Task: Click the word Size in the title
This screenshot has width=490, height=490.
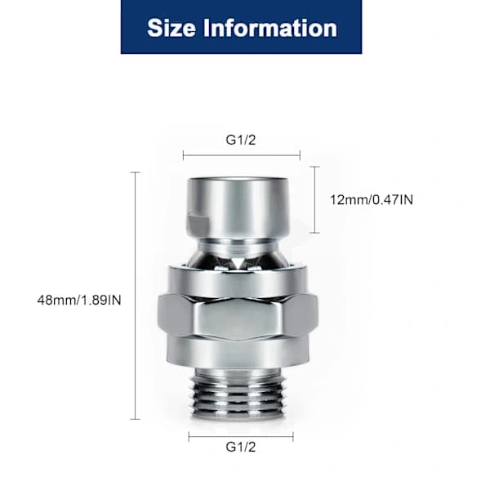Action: [x=171, y=28]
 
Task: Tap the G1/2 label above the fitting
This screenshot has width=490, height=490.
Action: [x=241, y=140]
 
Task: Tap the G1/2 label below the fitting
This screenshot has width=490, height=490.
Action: [x=241, y=447]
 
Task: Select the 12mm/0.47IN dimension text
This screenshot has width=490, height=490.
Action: [x=372, y=200]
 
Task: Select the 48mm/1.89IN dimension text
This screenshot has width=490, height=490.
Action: [x=79, y=300]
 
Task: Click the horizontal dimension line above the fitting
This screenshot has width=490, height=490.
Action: [x=242, y=154]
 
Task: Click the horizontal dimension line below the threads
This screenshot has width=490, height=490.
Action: [x=241, y=437]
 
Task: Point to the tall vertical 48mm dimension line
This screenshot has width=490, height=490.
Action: [x=135, y=296]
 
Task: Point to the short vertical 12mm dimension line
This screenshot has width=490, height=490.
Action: [x=314, y=200]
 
